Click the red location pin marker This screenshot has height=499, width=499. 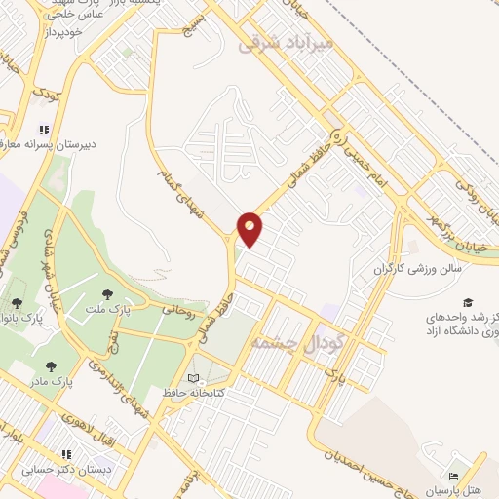click(250, 227)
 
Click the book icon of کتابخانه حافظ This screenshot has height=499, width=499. click(193, 377)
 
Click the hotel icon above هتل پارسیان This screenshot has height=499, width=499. click(453, 476)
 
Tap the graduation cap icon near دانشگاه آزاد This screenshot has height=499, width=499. click(468, 302)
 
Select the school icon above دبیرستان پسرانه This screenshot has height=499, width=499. click(42, 129)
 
